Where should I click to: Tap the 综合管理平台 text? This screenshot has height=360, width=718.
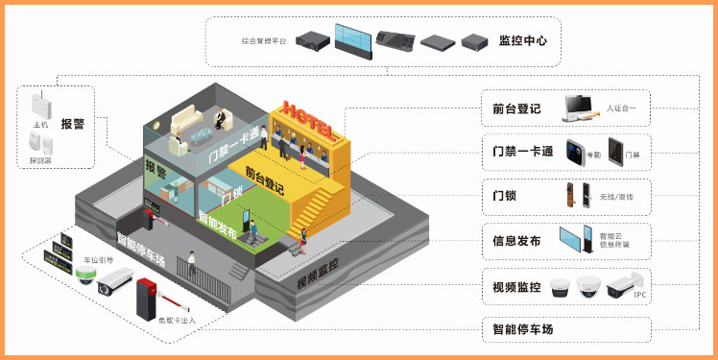click(265, 41)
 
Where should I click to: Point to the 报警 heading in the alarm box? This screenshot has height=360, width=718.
click(72, 124)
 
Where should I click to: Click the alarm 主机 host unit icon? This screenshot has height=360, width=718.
click(40, 104)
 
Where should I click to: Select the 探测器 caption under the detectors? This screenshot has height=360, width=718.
click(40, 161)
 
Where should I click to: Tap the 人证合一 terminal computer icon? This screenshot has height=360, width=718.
click(579, 107)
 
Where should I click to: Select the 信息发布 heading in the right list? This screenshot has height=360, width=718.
click(515, 241)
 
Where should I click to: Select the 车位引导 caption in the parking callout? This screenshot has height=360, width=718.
click(99, 259)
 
